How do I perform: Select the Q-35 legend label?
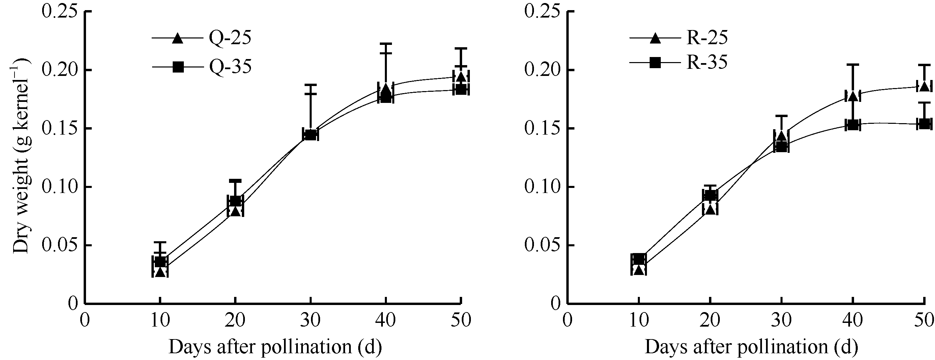(x=230, y=67)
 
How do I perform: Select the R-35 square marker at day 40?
(x=853, y=125)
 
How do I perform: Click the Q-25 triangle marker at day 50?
(x=461, y=77)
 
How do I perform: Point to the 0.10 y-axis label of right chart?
(x=542, y=187)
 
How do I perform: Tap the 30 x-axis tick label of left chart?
(x=310, y=321)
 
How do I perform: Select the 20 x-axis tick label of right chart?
(x=710, y=321)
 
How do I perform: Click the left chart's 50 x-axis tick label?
(x=461, y=321)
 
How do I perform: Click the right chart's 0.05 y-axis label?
(x=542, y=246)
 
